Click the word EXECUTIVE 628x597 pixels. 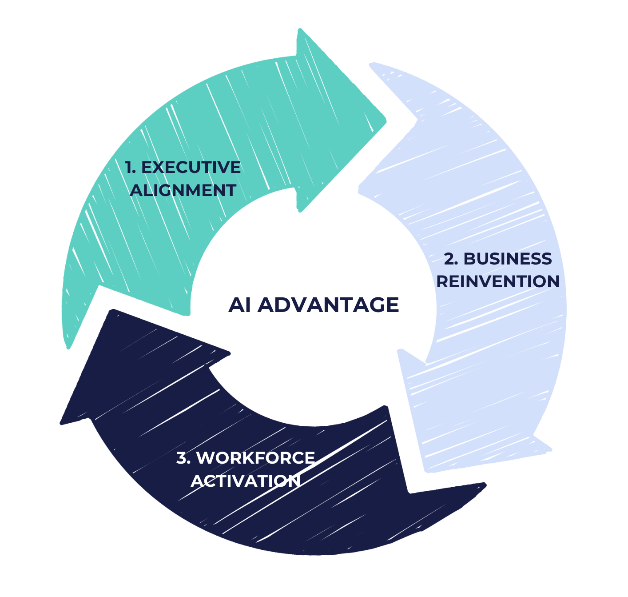(x=191, y=167)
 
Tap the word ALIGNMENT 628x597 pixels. (x=183, y=190)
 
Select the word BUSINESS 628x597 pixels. (x=507, y=259)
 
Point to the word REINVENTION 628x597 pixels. (x=498, y=281)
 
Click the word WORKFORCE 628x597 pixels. (x=255, y=457)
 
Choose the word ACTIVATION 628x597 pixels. (x=245, y=481)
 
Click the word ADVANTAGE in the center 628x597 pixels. (x=328, y=305)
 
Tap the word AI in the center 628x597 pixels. (x=239, y=305)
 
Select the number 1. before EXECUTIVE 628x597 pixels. (x=130, y=167)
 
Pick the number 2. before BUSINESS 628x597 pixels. (x=451, y=259)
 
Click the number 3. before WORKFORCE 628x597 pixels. (x=184, y=457)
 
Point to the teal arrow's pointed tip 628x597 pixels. (x=386, y=121)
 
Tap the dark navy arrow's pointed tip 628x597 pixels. (x=61, y=423)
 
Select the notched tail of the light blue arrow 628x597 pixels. (x=417, y=120)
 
